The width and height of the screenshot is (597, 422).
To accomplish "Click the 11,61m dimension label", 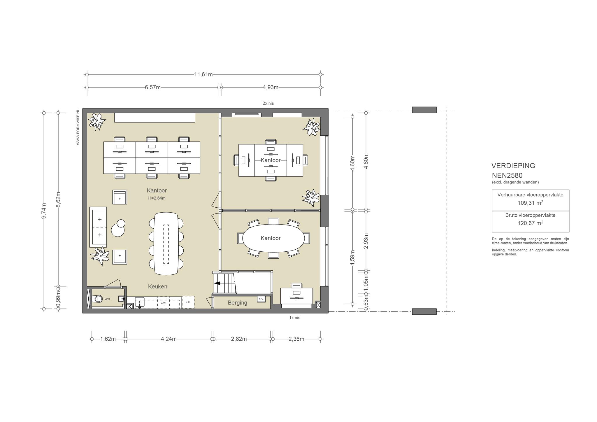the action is [203, 74].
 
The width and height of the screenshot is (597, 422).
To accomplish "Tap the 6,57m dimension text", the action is [153, 87].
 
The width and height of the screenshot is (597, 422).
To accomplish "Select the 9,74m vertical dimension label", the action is [44, 211].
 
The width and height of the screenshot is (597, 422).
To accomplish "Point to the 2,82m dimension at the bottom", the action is [239, 339].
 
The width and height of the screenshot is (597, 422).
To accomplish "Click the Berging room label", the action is [238, 303].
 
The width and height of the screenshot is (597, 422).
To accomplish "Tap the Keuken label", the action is [158, 286].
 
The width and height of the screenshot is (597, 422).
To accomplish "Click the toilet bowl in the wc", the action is [97, 299].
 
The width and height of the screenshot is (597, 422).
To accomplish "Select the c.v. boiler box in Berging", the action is [261, 299].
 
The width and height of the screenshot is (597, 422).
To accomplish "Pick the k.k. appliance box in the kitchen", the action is [188, 302].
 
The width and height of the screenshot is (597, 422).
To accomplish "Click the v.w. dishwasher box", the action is [164, 302].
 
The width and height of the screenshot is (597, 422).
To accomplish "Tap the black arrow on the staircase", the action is [217, 283].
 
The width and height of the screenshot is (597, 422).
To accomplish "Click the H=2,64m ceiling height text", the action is [157, 198].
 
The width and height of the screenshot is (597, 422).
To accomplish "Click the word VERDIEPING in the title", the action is [513, 166].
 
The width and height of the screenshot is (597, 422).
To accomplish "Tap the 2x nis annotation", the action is [268, 103].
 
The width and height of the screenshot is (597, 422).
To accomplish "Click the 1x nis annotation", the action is [295, 318].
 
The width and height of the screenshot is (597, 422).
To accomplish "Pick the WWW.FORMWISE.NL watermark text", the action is [78, 127].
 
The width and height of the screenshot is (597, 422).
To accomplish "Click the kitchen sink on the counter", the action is [140, 302].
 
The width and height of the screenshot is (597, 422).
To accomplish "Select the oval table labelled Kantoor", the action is [274, 238].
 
